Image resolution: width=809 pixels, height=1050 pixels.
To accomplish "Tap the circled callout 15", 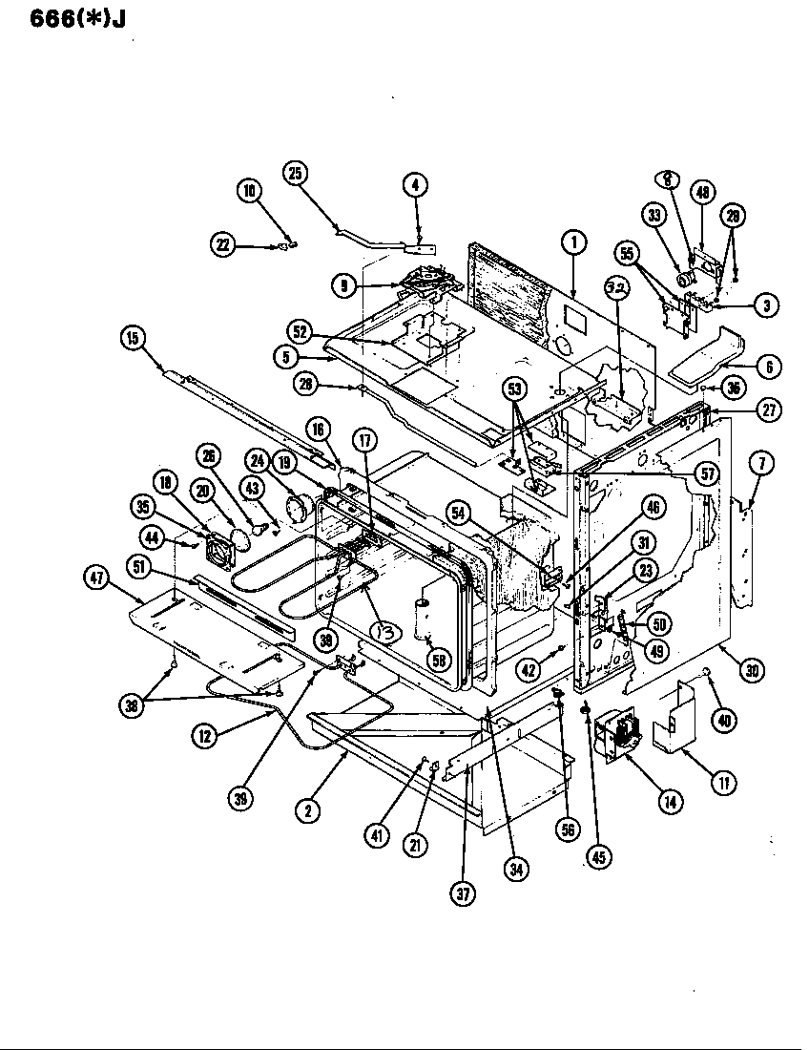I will pyautogui.click(x=134, y=337).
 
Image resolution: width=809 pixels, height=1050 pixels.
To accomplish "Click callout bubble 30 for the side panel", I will pyautogui.click(x=753, y=671).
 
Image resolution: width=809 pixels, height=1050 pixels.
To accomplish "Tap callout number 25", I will pyautogui.click(x=295, y=173).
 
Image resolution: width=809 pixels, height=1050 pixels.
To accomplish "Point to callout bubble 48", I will pyautogui.click(x=703, y=192).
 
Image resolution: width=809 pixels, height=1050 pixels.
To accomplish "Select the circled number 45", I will pyautogui.click(x=597, y=856).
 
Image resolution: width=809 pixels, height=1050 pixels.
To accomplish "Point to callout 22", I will pyautogui.click(x=223, y=245).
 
